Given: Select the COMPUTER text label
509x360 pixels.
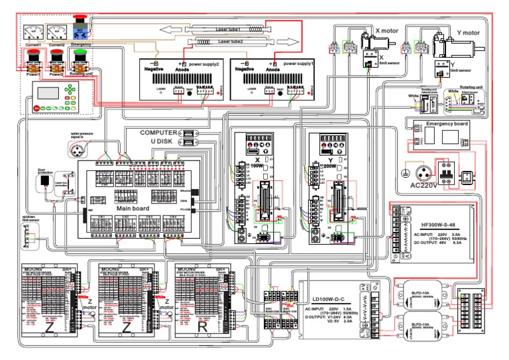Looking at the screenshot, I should click(158, 133).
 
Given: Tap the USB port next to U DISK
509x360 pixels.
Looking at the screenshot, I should click(190, 141).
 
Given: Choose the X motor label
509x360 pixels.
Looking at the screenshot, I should click(390, 30).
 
